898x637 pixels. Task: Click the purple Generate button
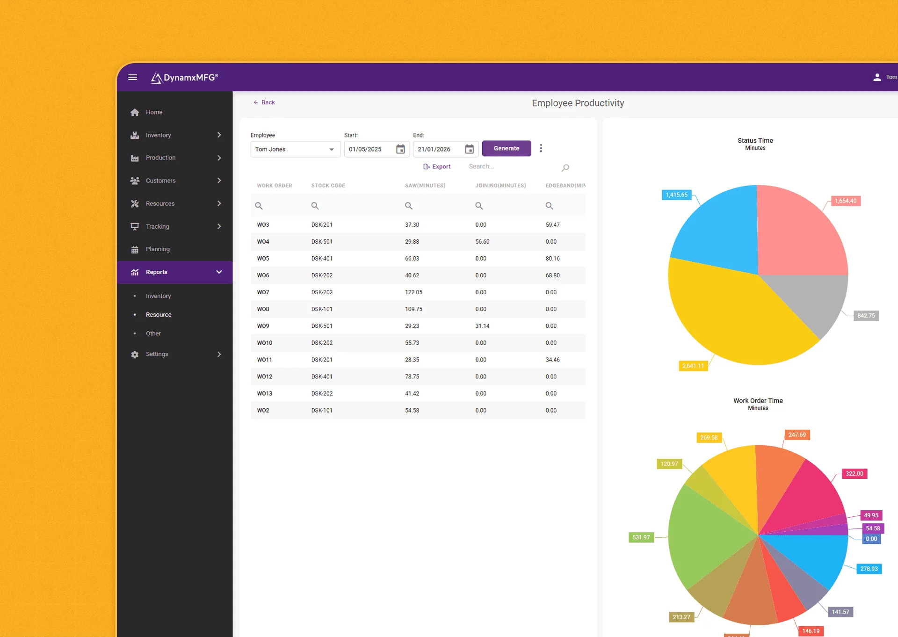click(x=507, y=148)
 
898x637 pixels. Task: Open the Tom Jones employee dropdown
click(x=295, y=149)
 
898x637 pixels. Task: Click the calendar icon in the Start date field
click(x=400, y=149)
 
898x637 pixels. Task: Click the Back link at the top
click(x=264, y=102)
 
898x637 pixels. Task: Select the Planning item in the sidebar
click(x=158, y=249)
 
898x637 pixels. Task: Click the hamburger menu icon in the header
click(x=133, y=77)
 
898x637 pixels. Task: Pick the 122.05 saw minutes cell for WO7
click(x=413, y=292)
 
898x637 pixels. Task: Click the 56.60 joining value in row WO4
click(x=482, y=242)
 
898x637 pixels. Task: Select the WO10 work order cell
click(x=264, y=343)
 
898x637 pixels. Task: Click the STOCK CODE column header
click(x=328, y=186)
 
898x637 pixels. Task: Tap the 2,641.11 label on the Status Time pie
click(x=693, y=366)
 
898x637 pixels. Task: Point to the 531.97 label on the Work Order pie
click(x=641, y=537)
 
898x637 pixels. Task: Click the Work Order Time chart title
click(x=758, y=401)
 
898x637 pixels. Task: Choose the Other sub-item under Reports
click(x=153, y=333)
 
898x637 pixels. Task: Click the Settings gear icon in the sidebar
click(x=135, y=355)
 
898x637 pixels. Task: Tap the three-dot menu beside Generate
click(x=541, y=148)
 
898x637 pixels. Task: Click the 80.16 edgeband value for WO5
click(x=552, y=259)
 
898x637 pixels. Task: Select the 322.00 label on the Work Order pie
click(x=854, y=474)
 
